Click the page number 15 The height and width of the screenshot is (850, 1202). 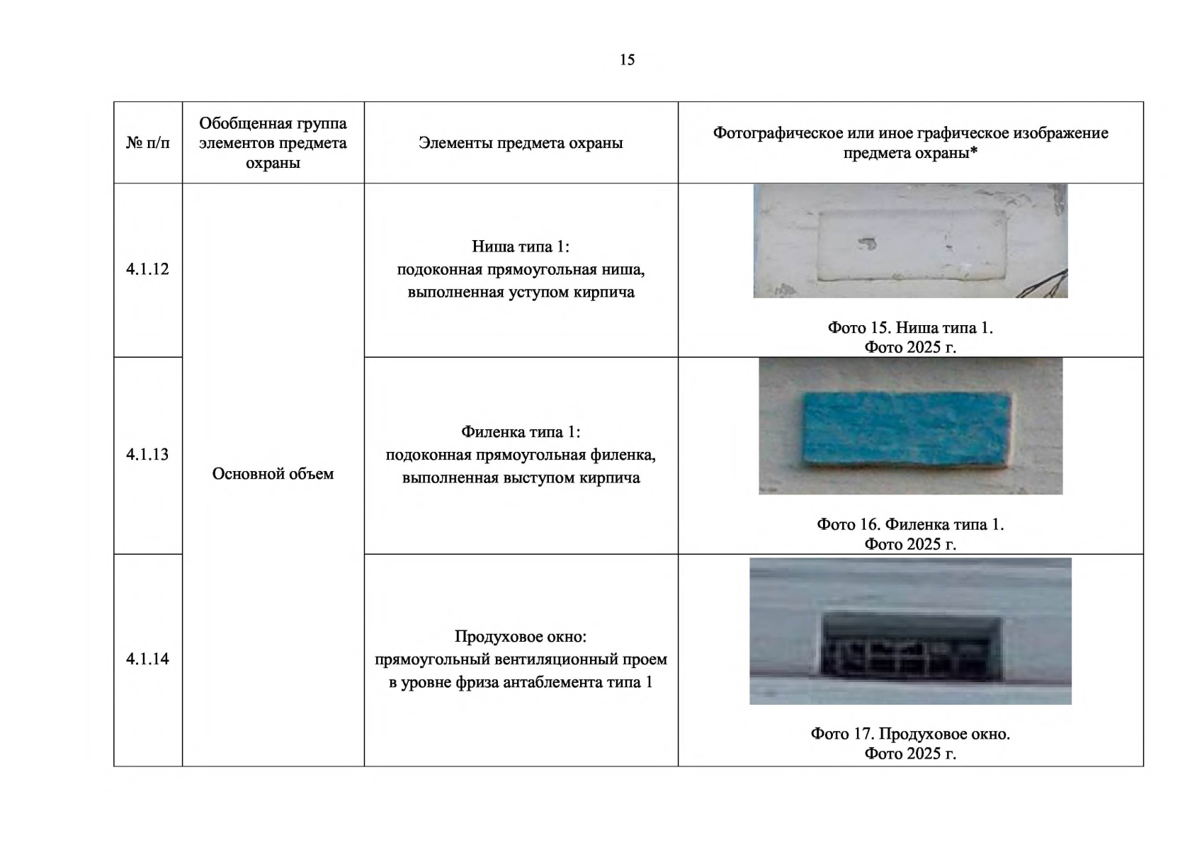627,60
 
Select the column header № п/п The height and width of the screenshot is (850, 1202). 148,143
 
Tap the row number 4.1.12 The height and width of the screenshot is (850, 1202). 147,269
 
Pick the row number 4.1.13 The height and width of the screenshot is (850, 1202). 147,455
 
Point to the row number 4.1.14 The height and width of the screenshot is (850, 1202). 147,659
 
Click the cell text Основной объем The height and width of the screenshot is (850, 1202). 273,474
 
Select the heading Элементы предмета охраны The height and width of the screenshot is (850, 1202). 521,143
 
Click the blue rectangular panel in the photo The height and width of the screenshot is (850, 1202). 907,429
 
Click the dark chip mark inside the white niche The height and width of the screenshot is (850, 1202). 867,244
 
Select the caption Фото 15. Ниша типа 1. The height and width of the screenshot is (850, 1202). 910,328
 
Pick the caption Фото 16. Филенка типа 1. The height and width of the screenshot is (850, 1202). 910,525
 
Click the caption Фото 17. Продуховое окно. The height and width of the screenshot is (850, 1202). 910,734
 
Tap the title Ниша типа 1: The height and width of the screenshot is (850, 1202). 521,246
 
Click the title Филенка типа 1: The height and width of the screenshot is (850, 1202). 521,432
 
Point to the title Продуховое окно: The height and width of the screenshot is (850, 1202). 521,637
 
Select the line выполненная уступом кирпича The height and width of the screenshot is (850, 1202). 521,293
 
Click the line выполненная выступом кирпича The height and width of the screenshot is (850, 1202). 521,478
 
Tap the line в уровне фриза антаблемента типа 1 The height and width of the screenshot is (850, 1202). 521,683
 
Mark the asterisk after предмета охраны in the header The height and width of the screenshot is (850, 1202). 974,151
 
